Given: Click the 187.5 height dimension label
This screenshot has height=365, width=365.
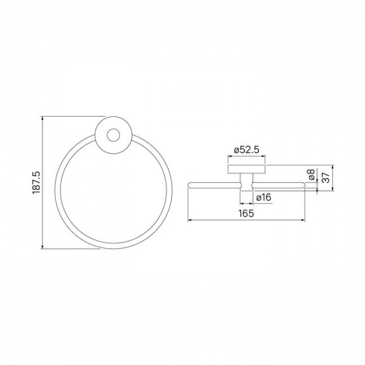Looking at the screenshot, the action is (36, 182).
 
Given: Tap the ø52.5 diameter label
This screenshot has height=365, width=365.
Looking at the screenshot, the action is (246, 150).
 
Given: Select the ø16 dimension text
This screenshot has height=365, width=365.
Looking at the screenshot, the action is (264, 198).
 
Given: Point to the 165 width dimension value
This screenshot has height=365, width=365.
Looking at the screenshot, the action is (246, 214).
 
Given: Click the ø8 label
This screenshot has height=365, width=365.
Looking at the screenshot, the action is (311, 175).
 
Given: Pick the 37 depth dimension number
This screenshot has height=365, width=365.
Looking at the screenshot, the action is (326, 178).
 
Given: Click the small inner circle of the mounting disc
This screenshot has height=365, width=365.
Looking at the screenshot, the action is (113, 135).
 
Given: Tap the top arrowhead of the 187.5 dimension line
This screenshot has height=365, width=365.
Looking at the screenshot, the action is (42, 118).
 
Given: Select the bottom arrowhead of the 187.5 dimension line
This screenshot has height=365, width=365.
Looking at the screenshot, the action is (42, 246).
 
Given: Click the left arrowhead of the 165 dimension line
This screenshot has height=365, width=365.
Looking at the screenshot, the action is (190, 220).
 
